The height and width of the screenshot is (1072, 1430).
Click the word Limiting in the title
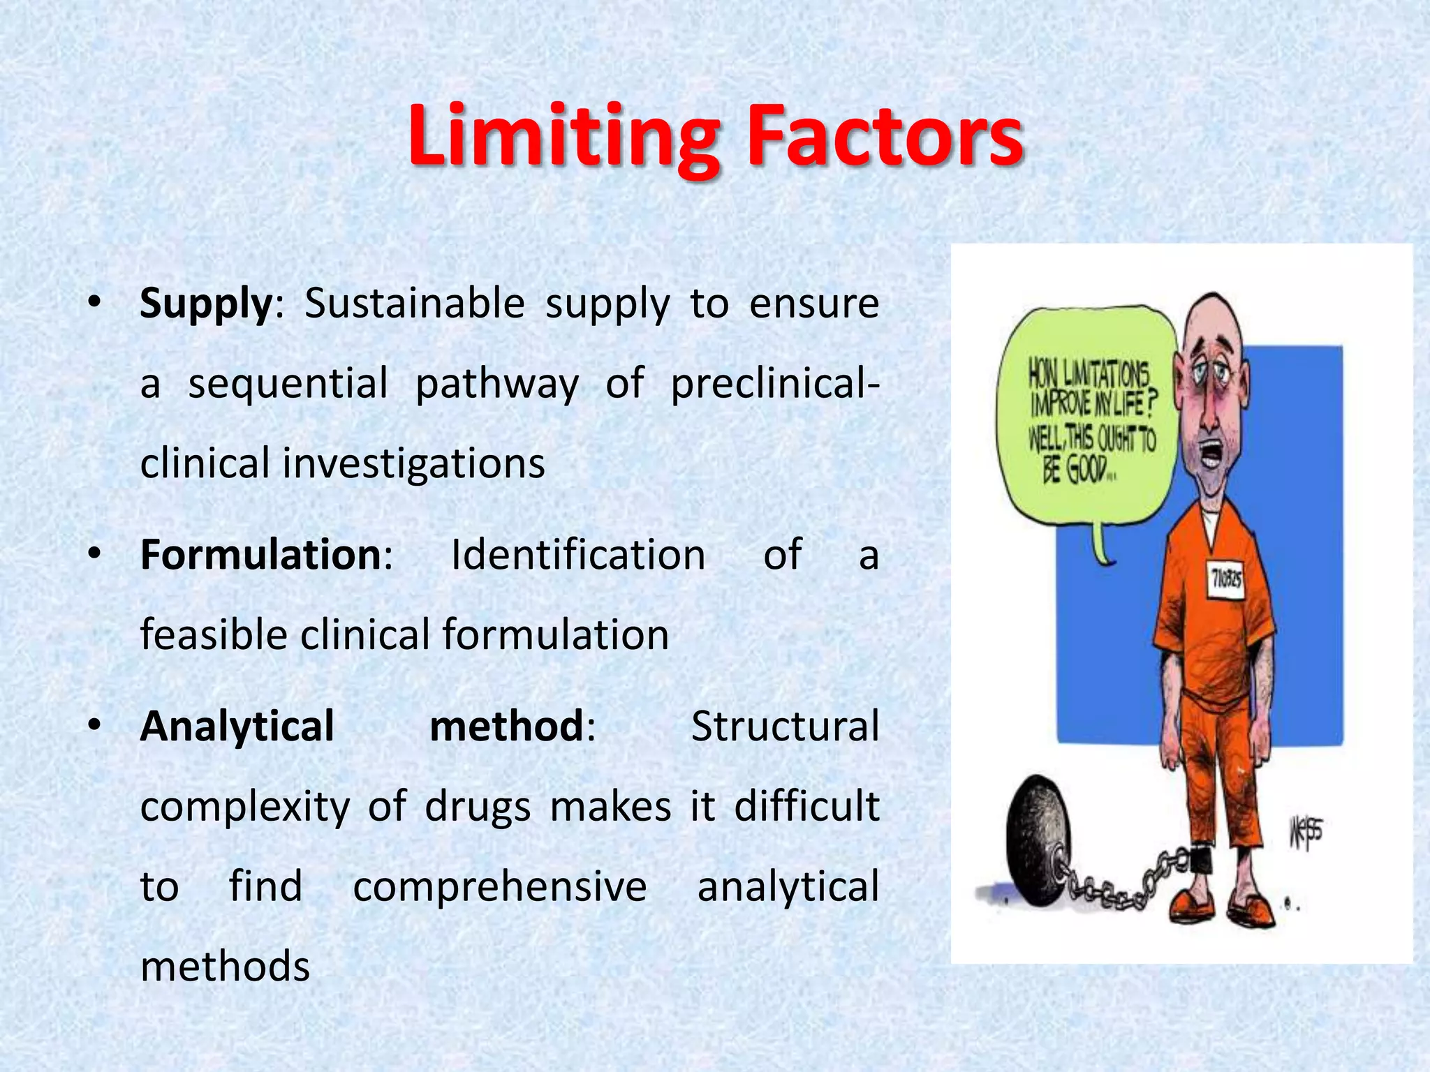click(563, 136)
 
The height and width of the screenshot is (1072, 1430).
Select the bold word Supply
click(205, 304)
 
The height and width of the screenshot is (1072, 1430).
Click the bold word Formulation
click(260, 556)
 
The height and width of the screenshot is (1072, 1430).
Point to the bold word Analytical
click(237, 727)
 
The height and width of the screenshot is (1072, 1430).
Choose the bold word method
click(506, 727)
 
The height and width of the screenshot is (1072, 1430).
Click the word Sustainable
click(415, 304)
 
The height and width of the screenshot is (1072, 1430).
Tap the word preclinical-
click(774, 385)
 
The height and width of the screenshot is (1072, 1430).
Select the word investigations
click(413, 464)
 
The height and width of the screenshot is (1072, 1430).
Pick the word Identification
click(578, 556)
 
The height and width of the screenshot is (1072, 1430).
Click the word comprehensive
click(500, 887)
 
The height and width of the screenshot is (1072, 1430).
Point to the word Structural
click(785, 727)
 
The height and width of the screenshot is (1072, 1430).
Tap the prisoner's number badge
click(1226, 579)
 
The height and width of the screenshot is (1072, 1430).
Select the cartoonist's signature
click(1304, 833)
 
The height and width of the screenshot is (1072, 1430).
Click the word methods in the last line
click(225, 967)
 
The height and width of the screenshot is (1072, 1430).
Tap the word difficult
click(806, 807)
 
